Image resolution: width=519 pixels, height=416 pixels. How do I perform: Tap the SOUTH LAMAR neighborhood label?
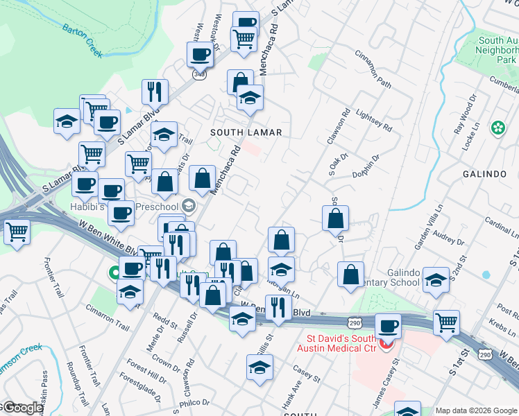pyautogui.click(x=246, y=132)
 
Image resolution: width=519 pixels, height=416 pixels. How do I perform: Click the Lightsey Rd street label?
pyautogui.click(x=373, y=114)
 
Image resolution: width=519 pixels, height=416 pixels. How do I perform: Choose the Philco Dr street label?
pyautogui.click(x=194, y=402)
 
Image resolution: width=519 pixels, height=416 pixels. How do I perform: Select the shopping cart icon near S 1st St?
pyautogui.click(x=446, y=322)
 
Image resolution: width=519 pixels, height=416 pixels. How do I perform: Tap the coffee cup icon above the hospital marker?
pyautogui.click(x=388, y=326)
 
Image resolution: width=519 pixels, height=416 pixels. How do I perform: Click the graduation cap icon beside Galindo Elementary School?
pyautogui.click(x=436, y=279)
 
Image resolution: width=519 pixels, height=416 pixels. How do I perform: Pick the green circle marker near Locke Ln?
pyautogui.click(x=497, y=128)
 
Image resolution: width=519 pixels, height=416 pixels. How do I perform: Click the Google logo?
pyautogui.click(x=22, y=408)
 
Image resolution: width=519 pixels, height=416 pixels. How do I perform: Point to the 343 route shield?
pyautogui.click(x=199, y=74)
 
